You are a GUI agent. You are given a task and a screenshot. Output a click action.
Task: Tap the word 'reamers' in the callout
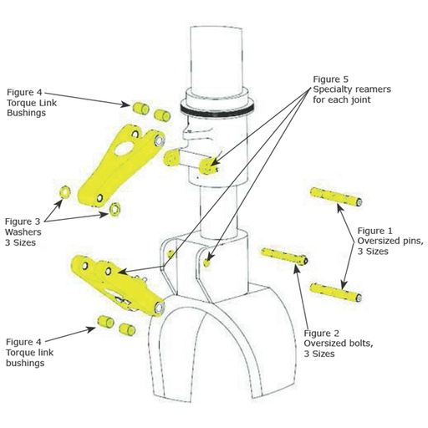354,89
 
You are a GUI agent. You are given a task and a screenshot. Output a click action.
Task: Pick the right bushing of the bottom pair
127,327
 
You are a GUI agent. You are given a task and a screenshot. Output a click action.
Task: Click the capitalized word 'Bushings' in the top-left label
26,114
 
